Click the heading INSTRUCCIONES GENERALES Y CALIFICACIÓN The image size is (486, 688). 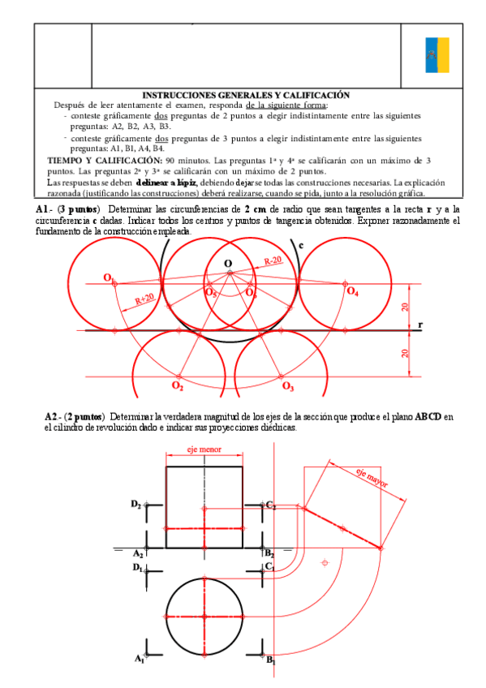click(245, 95)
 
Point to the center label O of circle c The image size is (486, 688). click(228, 263)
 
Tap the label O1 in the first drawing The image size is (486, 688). click(108, 278)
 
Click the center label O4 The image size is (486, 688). click(352, 291)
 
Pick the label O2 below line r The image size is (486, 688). click(177, 386)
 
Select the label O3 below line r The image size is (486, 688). click(287, 386)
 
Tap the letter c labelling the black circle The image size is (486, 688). click(302, 244)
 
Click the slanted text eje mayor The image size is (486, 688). click(372, 478)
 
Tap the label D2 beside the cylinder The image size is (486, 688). click(135, 504)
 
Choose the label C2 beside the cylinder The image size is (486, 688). click(271, 505)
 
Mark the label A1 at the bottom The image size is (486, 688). click(139, 659)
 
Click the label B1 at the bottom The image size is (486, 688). click(271, 660)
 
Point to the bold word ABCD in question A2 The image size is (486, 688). click(428, 417)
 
